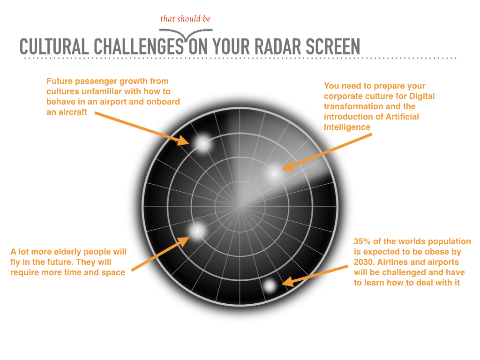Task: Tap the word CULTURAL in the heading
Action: coord(54,47)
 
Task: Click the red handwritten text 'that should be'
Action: coord(185,19)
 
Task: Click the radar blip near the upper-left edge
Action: coord(202,143)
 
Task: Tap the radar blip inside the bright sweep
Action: coord(274,173)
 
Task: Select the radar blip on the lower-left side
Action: coord(197,231)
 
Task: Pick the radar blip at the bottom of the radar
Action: coord(270,286)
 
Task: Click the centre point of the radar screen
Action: coord(240,207)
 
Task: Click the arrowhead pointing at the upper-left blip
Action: coord(184,140)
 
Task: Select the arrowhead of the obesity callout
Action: coord(288,282)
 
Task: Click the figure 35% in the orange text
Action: coord(362,241)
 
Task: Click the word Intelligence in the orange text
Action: coord(347,127)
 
